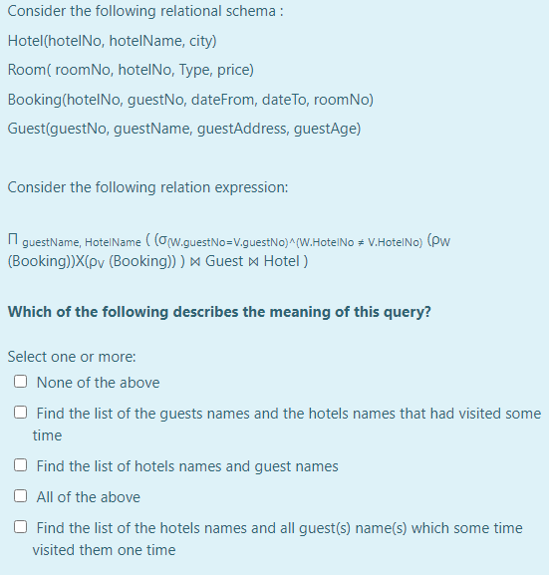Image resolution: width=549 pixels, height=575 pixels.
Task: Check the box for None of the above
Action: (21, 383)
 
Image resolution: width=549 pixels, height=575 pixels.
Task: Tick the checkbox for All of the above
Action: (21, 497)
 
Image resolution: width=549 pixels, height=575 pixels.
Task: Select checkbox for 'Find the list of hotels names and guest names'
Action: (21, 466)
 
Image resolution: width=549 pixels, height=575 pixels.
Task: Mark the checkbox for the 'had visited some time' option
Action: (21, 414)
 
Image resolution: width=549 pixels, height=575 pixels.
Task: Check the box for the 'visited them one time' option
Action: (21, 528)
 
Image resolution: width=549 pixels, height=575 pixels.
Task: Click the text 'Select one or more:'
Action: (71, 357)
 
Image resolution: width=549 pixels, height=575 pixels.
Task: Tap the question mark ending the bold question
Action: (427, 312)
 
